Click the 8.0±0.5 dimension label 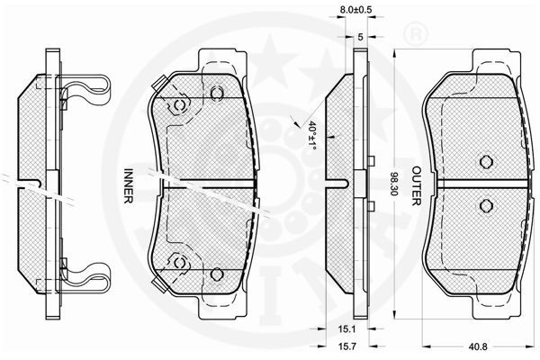[356, 10]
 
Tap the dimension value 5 [360, 37]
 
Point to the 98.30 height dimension [394, 184]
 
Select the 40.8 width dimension [479, 347]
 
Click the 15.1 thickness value [346, 329]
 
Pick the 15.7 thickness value [346, 347]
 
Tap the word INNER [128, 185]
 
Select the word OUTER [417, 186]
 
